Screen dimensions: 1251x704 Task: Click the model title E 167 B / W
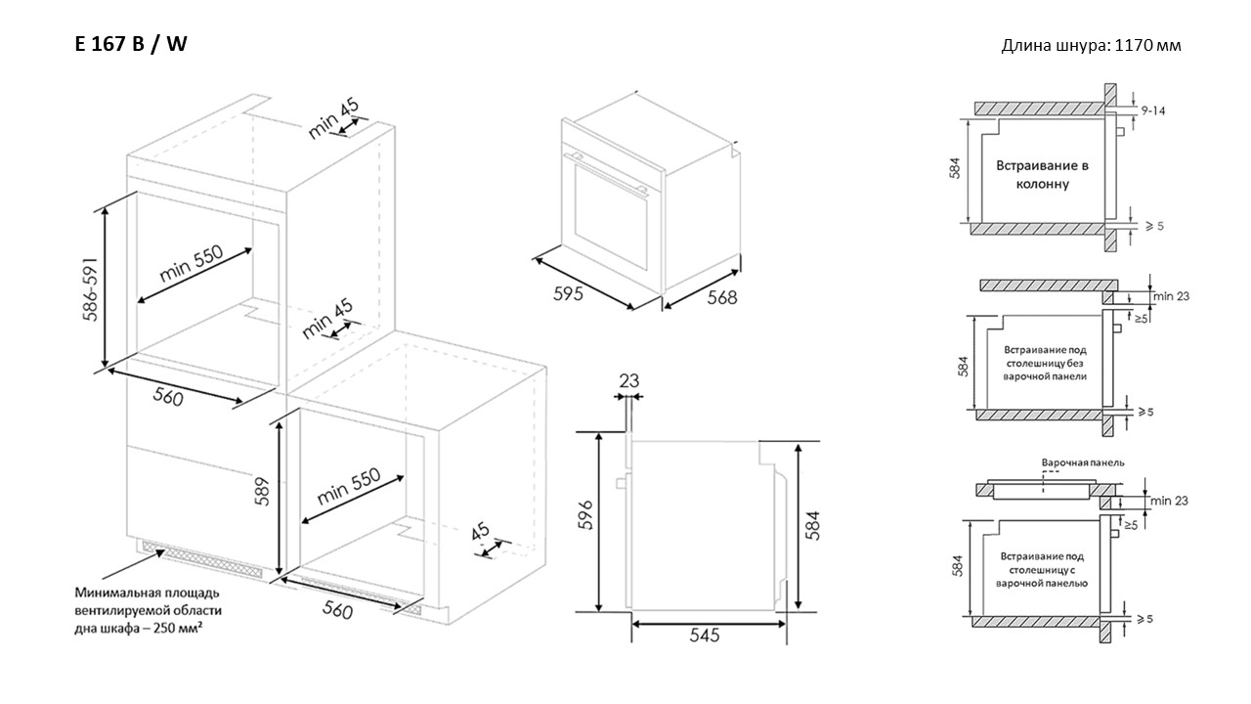click(131, 44)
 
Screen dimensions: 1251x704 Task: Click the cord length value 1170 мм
click(1147, 45)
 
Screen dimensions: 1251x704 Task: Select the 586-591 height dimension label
click(91, 289)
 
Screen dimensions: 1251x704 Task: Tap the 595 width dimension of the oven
click(568, 293)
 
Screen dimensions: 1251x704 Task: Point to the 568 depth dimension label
click(722, 298)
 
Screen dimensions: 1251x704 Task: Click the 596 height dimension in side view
click(584, 514)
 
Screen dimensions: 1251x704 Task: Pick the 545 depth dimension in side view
click(705, 636)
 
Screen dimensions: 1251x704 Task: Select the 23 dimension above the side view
click(628, 380)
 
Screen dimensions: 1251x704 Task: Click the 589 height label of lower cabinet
click(262, 492)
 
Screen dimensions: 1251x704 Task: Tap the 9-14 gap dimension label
click(1153, 110)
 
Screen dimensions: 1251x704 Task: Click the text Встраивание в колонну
click(1042, 175)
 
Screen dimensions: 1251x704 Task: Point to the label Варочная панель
click(1083, 462)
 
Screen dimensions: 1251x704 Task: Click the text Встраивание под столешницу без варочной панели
click(1045, 363)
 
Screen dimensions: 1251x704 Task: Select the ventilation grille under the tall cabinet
click(202, 558)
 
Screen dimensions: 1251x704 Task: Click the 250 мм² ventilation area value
click(178, 628)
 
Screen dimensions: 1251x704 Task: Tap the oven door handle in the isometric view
click(607, 173)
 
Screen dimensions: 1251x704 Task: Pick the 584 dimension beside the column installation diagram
click(955, 168)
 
